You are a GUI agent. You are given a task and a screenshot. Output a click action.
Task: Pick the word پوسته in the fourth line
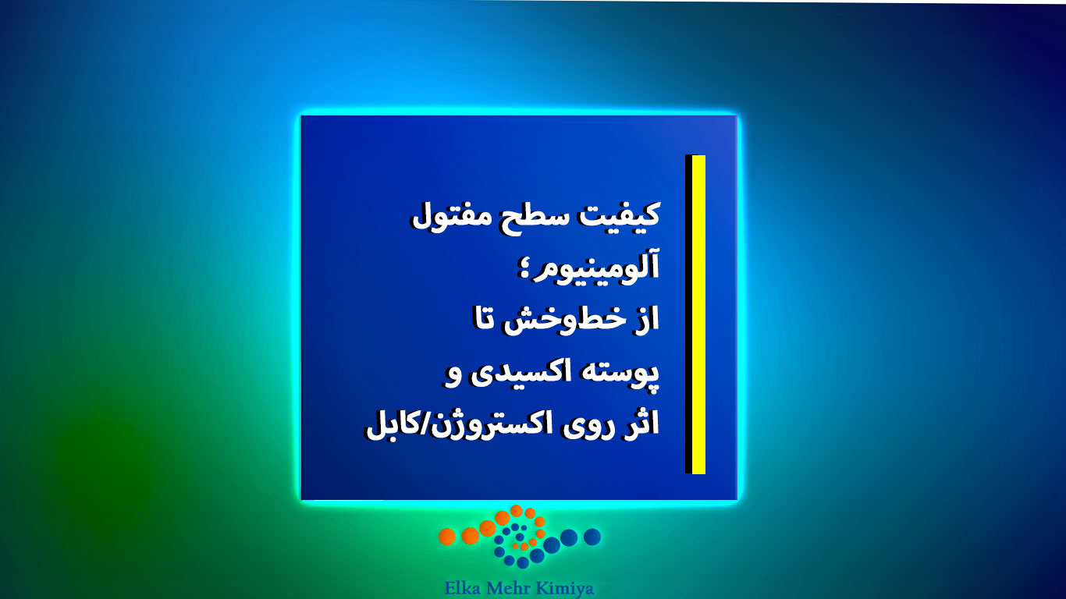click(x=620, y=373)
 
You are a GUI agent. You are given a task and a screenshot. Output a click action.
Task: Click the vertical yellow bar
click(x=698, y=314)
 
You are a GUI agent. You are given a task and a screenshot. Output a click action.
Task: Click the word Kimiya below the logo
click(x=567, y=589)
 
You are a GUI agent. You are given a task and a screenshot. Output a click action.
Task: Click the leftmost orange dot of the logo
click(x=447, y=537)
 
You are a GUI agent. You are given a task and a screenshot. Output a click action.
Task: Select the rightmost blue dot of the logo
click(x=592, y=537)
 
